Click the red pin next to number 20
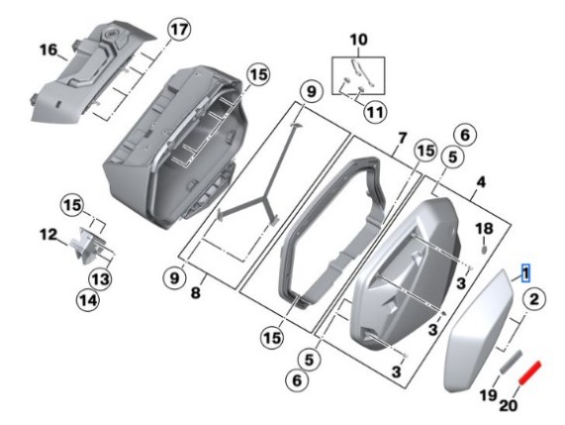coord(531,374)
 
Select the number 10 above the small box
coord(357,40)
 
